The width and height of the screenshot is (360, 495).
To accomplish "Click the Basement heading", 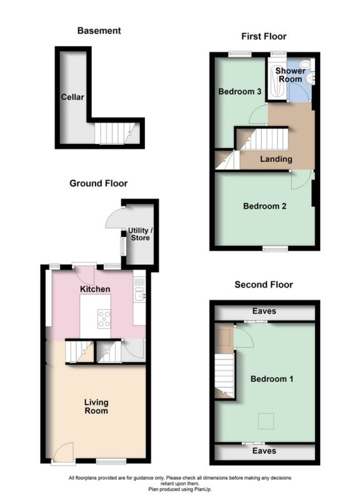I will pyautogui.click(x=99, y=30).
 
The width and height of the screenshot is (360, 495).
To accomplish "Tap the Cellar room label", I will pyautogui.click(x=72, y=97).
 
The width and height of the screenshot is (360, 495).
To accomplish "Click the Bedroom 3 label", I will pyautogui.click(x=240, y=91).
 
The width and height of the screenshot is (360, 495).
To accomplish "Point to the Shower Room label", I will pyautogui.click(x=291, y=75).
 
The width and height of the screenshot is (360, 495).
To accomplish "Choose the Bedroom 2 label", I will pyautogui.click(x=265, y=206).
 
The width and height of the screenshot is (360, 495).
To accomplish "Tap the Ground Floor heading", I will pyautogui.click(x=98, y=183).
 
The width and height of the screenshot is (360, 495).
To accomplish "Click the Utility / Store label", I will pyautogui.click(x=140, y=234).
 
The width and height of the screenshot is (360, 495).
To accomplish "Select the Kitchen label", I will pyautogui.click(x=95, y=289).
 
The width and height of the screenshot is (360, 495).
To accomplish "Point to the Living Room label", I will pyautogui.click(x=96, y=407).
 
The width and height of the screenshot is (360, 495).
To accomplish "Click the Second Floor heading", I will pyautogui.click(x=263, y=284).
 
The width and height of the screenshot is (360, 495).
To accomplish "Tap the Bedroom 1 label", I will pyautogui.click(x=272, y=379).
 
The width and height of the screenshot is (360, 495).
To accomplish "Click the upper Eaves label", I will pyautogui.click(x=264, y=311).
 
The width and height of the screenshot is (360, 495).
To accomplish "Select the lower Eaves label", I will pyautogui.click(x=264, y=450).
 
